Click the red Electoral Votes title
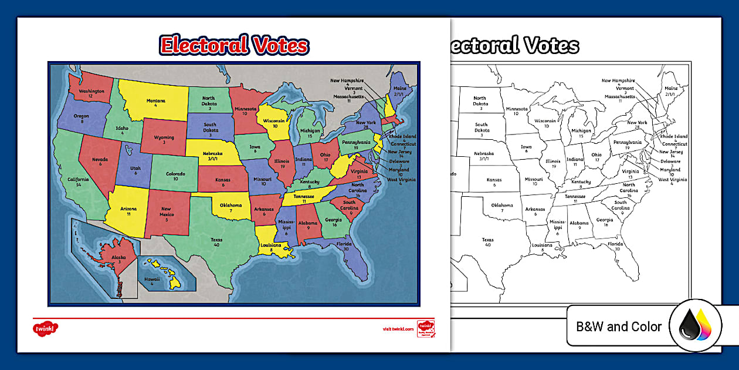pos(234,45)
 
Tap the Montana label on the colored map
pos(155,100)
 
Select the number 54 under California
pos(78,185)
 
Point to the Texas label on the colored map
pos(217,239)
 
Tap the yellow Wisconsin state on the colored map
pos(274,120)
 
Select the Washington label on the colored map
pos(92,91)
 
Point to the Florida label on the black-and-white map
pos(615,243)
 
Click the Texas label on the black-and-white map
pos(487,240)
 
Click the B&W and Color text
pos(619,327)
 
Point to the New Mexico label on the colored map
pos(166,211)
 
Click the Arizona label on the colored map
pos(128,209)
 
